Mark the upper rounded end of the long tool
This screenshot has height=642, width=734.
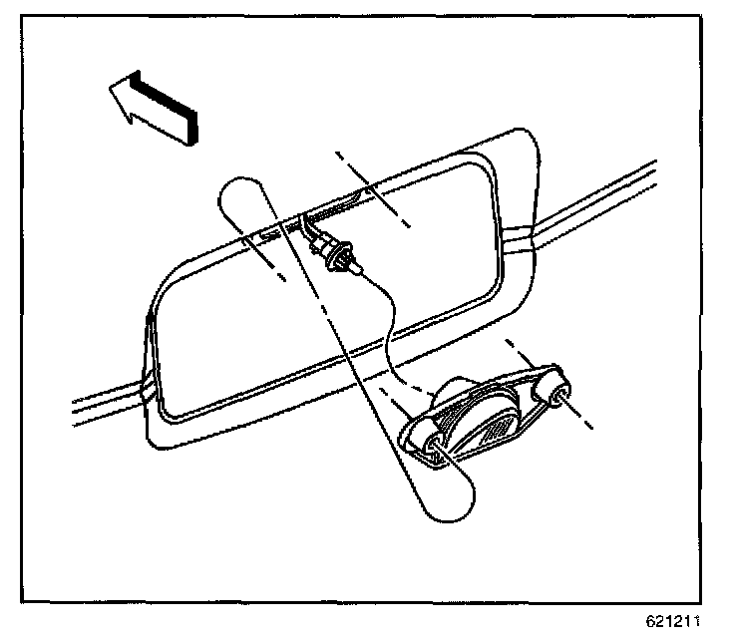(240, 195)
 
